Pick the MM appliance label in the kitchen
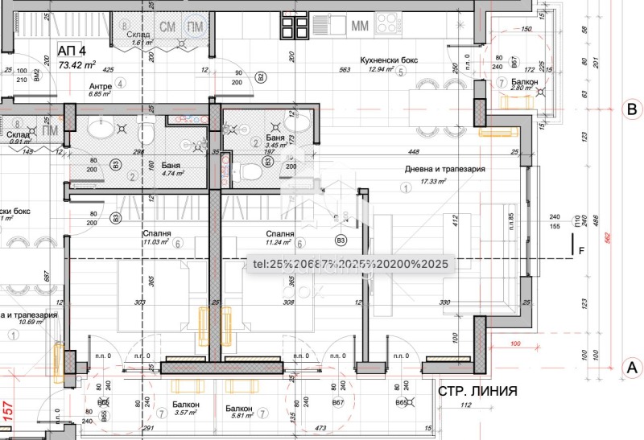point(361,26)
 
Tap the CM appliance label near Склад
point(167,27)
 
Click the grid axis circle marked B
point(632,109)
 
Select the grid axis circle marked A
point(632,366)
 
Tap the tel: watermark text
point(350,263)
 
